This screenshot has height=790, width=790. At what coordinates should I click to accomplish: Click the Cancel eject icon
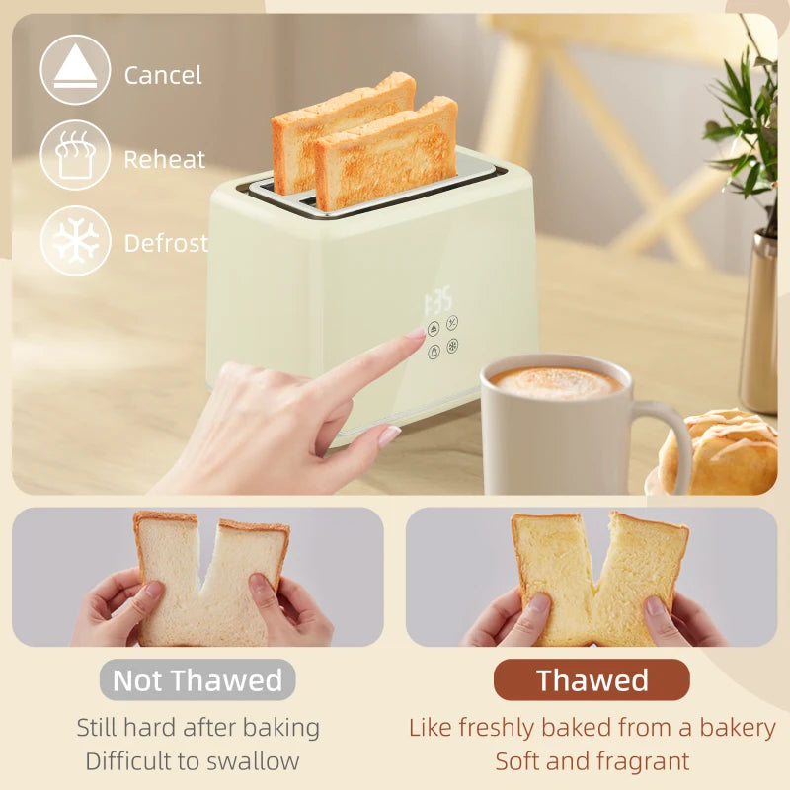tap(75, 70)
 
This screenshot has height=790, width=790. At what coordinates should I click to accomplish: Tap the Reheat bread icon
tap(75, 155)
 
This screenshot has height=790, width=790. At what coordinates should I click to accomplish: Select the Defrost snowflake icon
tap(75, 240)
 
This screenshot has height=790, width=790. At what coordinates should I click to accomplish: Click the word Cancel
tap(163, 75)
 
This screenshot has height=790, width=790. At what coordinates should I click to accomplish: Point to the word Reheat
tap(165, 159)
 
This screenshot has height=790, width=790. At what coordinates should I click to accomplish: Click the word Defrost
tap(166, 243)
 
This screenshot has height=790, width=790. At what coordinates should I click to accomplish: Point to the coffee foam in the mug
tap(556, 382)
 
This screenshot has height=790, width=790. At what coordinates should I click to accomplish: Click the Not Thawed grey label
tap(197, 679)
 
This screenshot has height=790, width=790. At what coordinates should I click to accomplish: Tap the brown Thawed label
tap(592, 679)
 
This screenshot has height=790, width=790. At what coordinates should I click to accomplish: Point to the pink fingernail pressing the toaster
tap(416, 334)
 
